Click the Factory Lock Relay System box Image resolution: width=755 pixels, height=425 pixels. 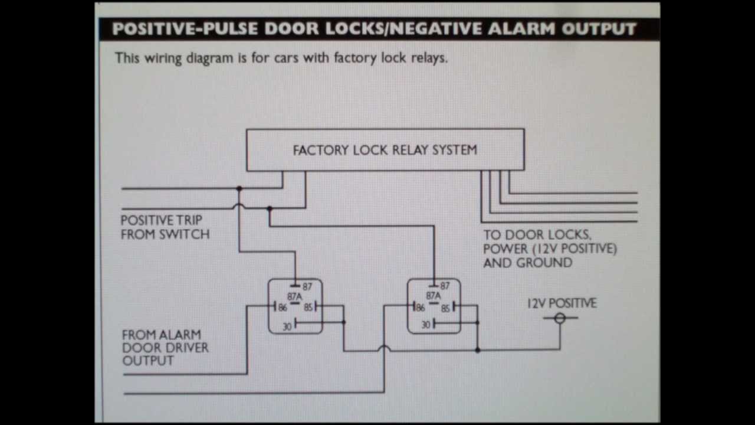click(385, 150)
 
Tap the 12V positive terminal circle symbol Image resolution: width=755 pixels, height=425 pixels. click(560, 318)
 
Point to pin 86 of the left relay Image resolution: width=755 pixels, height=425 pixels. click(282, 308)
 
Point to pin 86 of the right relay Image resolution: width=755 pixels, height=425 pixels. click(420, 308)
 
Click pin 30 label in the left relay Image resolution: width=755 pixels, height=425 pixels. click(287, 326)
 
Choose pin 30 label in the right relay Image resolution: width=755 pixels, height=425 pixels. click(426, 325)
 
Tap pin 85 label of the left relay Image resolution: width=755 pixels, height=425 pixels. click(308, 308)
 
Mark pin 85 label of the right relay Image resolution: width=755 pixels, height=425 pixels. click(446, 308)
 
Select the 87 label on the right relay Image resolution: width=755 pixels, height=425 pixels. click(444, 286)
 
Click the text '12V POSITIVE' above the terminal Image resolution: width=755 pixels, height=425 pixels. click(562, 303)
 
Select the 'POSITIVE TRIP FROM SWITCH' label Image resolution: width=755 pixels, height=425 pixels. click(165, 227)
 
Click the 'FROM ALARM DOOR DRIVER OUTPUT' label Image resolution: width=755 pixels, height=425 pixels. click(165, 348)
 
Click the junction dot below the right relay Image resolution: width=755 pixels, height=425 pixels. click(477, 350)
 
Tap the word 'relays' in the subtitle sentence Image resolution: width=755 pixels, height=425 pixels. click(428, 58)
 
